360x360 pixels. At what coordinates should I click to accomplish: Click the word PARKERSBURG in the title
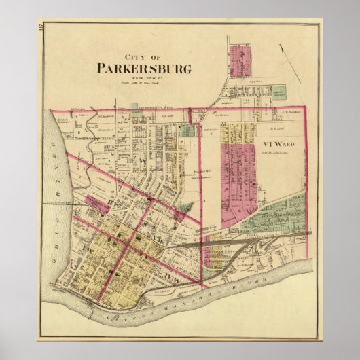pyautogui.click(x=140, y=69)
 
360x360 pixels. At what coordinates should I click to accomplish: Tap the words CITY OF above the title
pyautogui.click(x=139, y=57)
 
